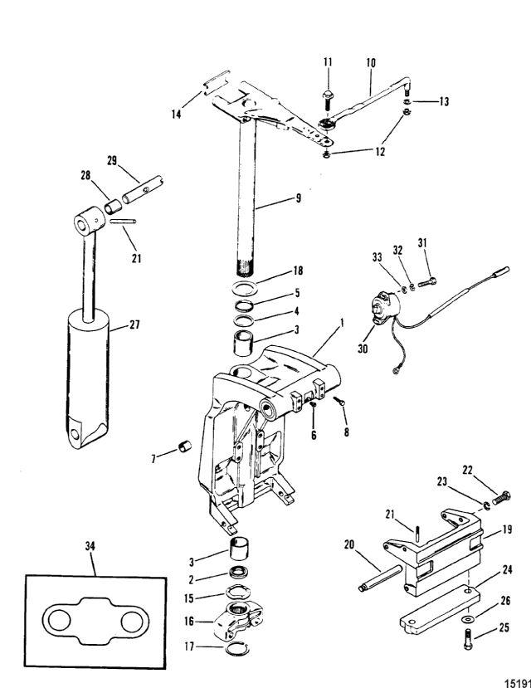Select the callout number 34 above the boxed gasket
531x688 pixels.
90,545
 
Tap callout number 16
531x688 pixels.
189,620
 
